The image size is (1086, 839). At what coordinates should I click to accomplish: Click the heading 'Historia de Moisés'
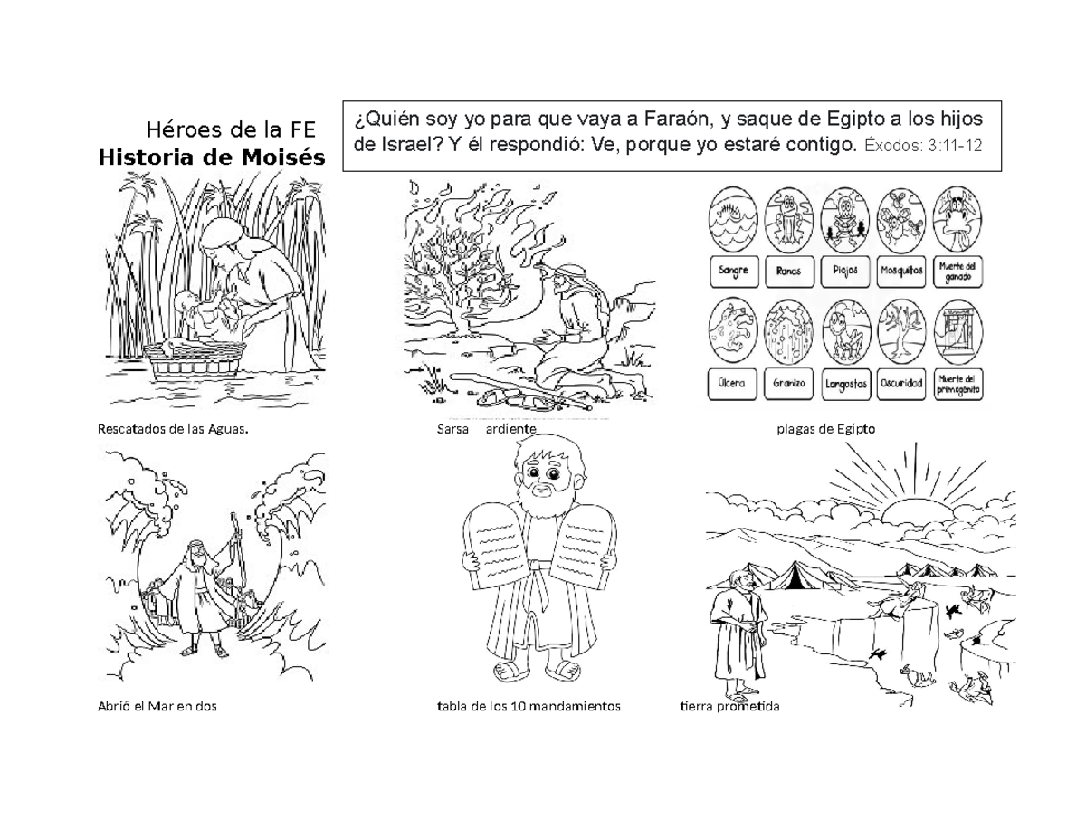click(x=211, y=157)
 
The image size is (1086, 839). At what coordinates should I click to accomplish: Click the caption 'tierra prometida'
click(x=729, y=707)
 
